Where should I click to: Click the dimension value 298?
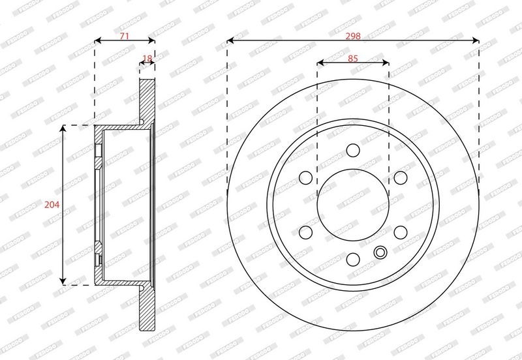point(353,37)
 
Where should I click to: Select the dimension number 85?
point(353,59)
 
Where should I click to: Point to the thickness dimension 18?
point(147,59)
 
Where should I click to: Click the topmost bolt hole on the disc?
point(353,151)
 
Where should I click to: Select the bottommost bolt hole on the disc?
point(353,259)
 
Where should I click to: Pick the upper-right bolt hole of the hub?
point(400,177)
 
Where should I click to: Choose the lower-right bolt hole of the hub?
point(400,232)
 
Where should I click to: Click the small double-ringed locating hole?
point(380,252)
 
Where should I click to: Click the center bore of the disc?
point(353,204)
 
